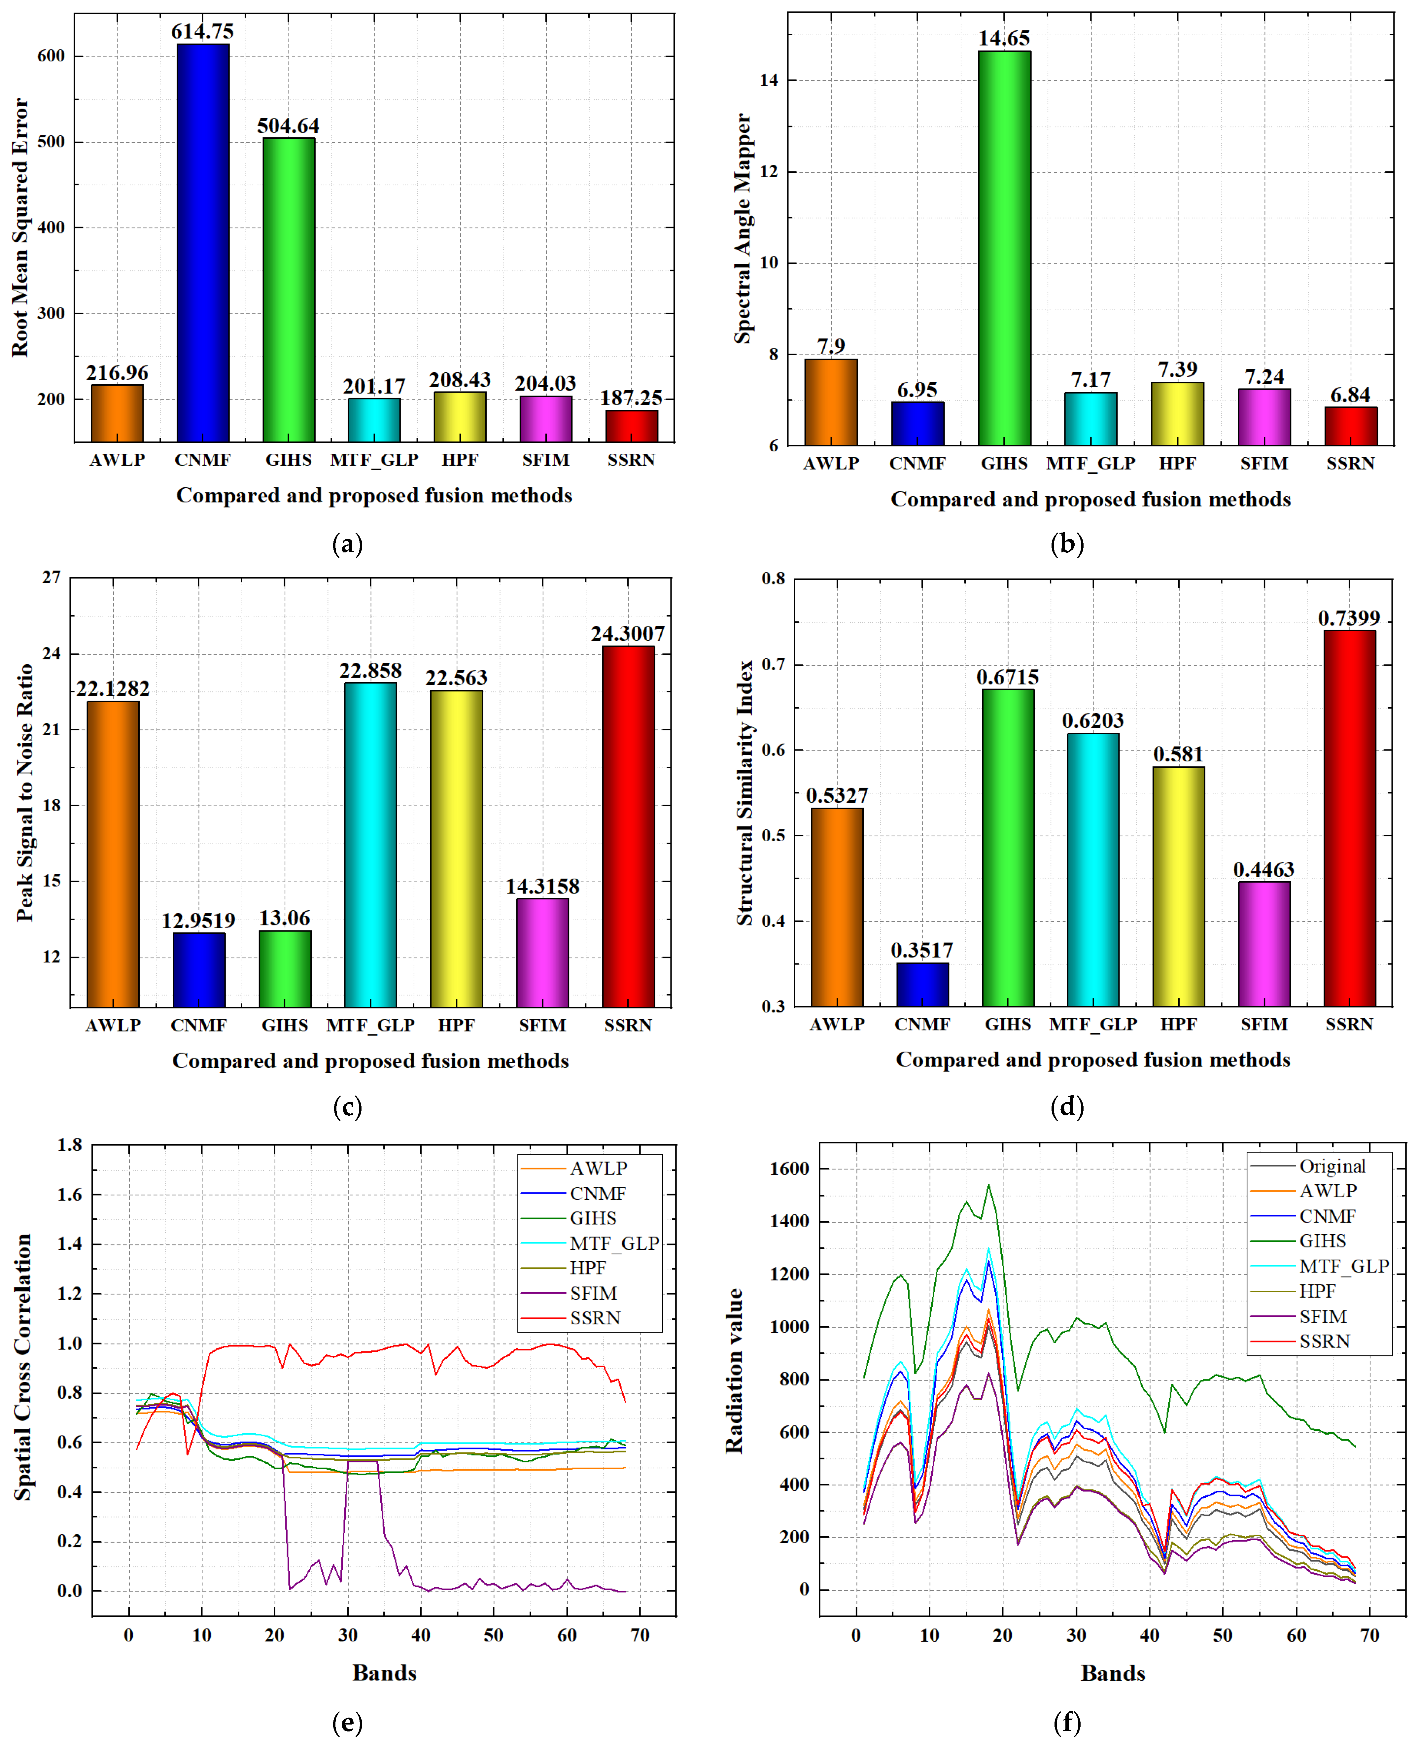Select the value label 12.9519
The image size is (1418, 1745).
point(198,921)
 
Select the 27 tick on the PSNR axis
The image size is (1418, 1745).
point(52,577)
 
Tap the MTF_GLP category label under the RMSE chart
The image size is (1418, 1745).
point(374,460)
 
